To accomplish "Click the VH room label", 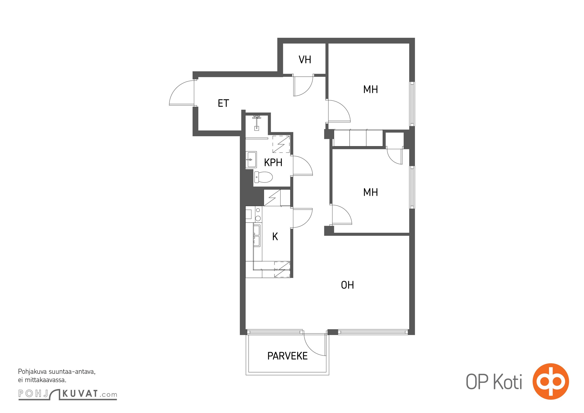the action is (305, 60).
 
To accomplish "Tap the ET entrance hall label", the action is (223, 103).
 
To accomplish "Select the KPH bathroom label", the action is (273, 163).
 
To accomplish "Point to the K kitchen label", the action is (275, 236).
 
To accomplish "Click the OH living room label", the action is (347, 285).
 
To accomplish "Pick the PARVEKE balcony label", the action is (287, 356).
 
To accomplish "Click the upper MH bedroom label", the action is (370, 89).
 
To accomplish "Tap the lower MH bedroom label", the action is (370, 192).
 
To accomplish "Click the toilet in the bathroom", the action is (263, 177).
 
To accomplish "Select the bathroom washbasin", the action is (251, 160).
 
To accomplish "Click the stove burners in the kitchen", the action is (258, 214).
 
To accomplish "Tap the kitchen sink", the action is (257, 235).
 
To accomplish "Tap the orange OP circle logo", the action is (551, 381).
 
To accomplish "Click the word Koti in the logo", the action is (508, 382).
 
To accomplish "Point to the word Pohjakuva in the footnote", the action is (32, 372).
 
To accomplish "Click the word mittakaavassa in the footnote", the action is (46, 380).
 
